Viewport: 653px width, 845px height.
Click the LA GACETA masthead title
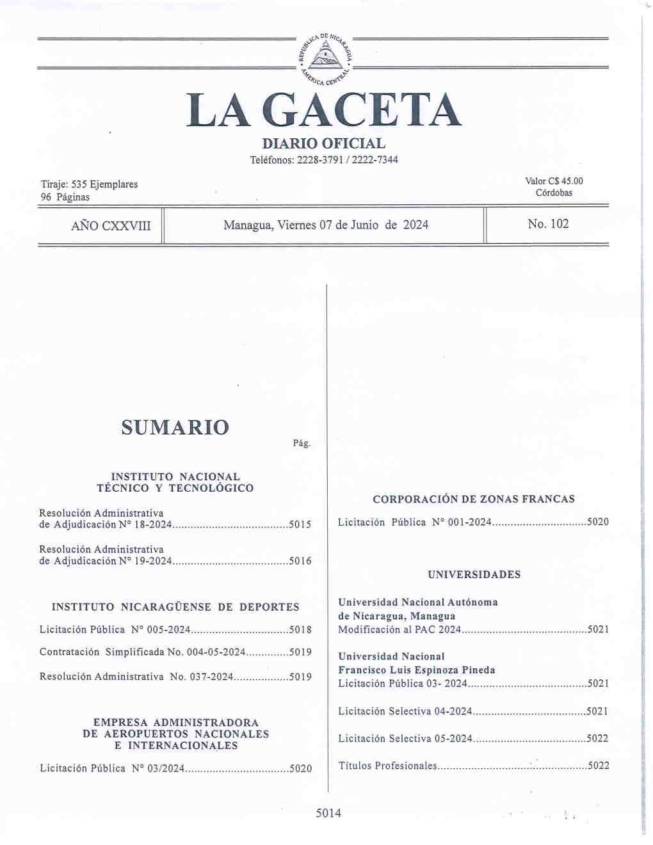click(x=324, y=111)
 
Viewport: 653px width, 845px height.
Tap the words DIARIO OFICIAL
click(x=324, y=144)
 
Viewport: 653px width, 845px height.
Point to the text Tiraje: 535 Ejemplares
click(x=89, y=184)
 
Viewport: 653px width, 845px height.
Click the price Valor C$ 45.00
click(x=554, y=181)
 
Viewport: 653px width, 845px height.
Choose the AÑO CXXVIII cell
click(x=111, y=225)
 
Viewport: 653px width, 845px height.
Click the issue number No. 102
click(x=548, y=224)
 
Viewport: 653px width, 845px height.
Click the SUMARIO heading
click(x=175, y=428)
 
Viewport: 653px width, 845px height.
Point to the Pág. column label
click(x=302, y=444)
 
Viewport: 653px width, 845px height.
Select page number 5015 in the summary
click(x=300, y=525)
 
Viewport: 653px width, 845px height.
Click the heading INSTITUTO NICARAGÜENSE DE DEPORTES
click(x=175, y=607)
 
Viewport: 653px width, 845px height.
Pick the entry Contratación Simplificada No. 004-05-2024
click(x=143, y=652)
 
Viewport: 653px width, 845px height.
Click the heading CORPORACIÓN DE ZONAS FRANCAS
click(x=474, y=499)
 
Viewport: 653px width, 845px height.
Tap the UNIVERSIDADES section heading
click(x=474, y=575)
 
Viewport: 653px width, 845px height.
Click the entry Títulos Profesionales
click(x=387, y=766)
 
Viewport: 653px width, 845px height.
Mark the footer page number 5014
click(x=328, y=813)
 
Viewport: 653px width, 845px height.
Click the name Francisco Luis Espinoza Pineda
click(x=417, y=670)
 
